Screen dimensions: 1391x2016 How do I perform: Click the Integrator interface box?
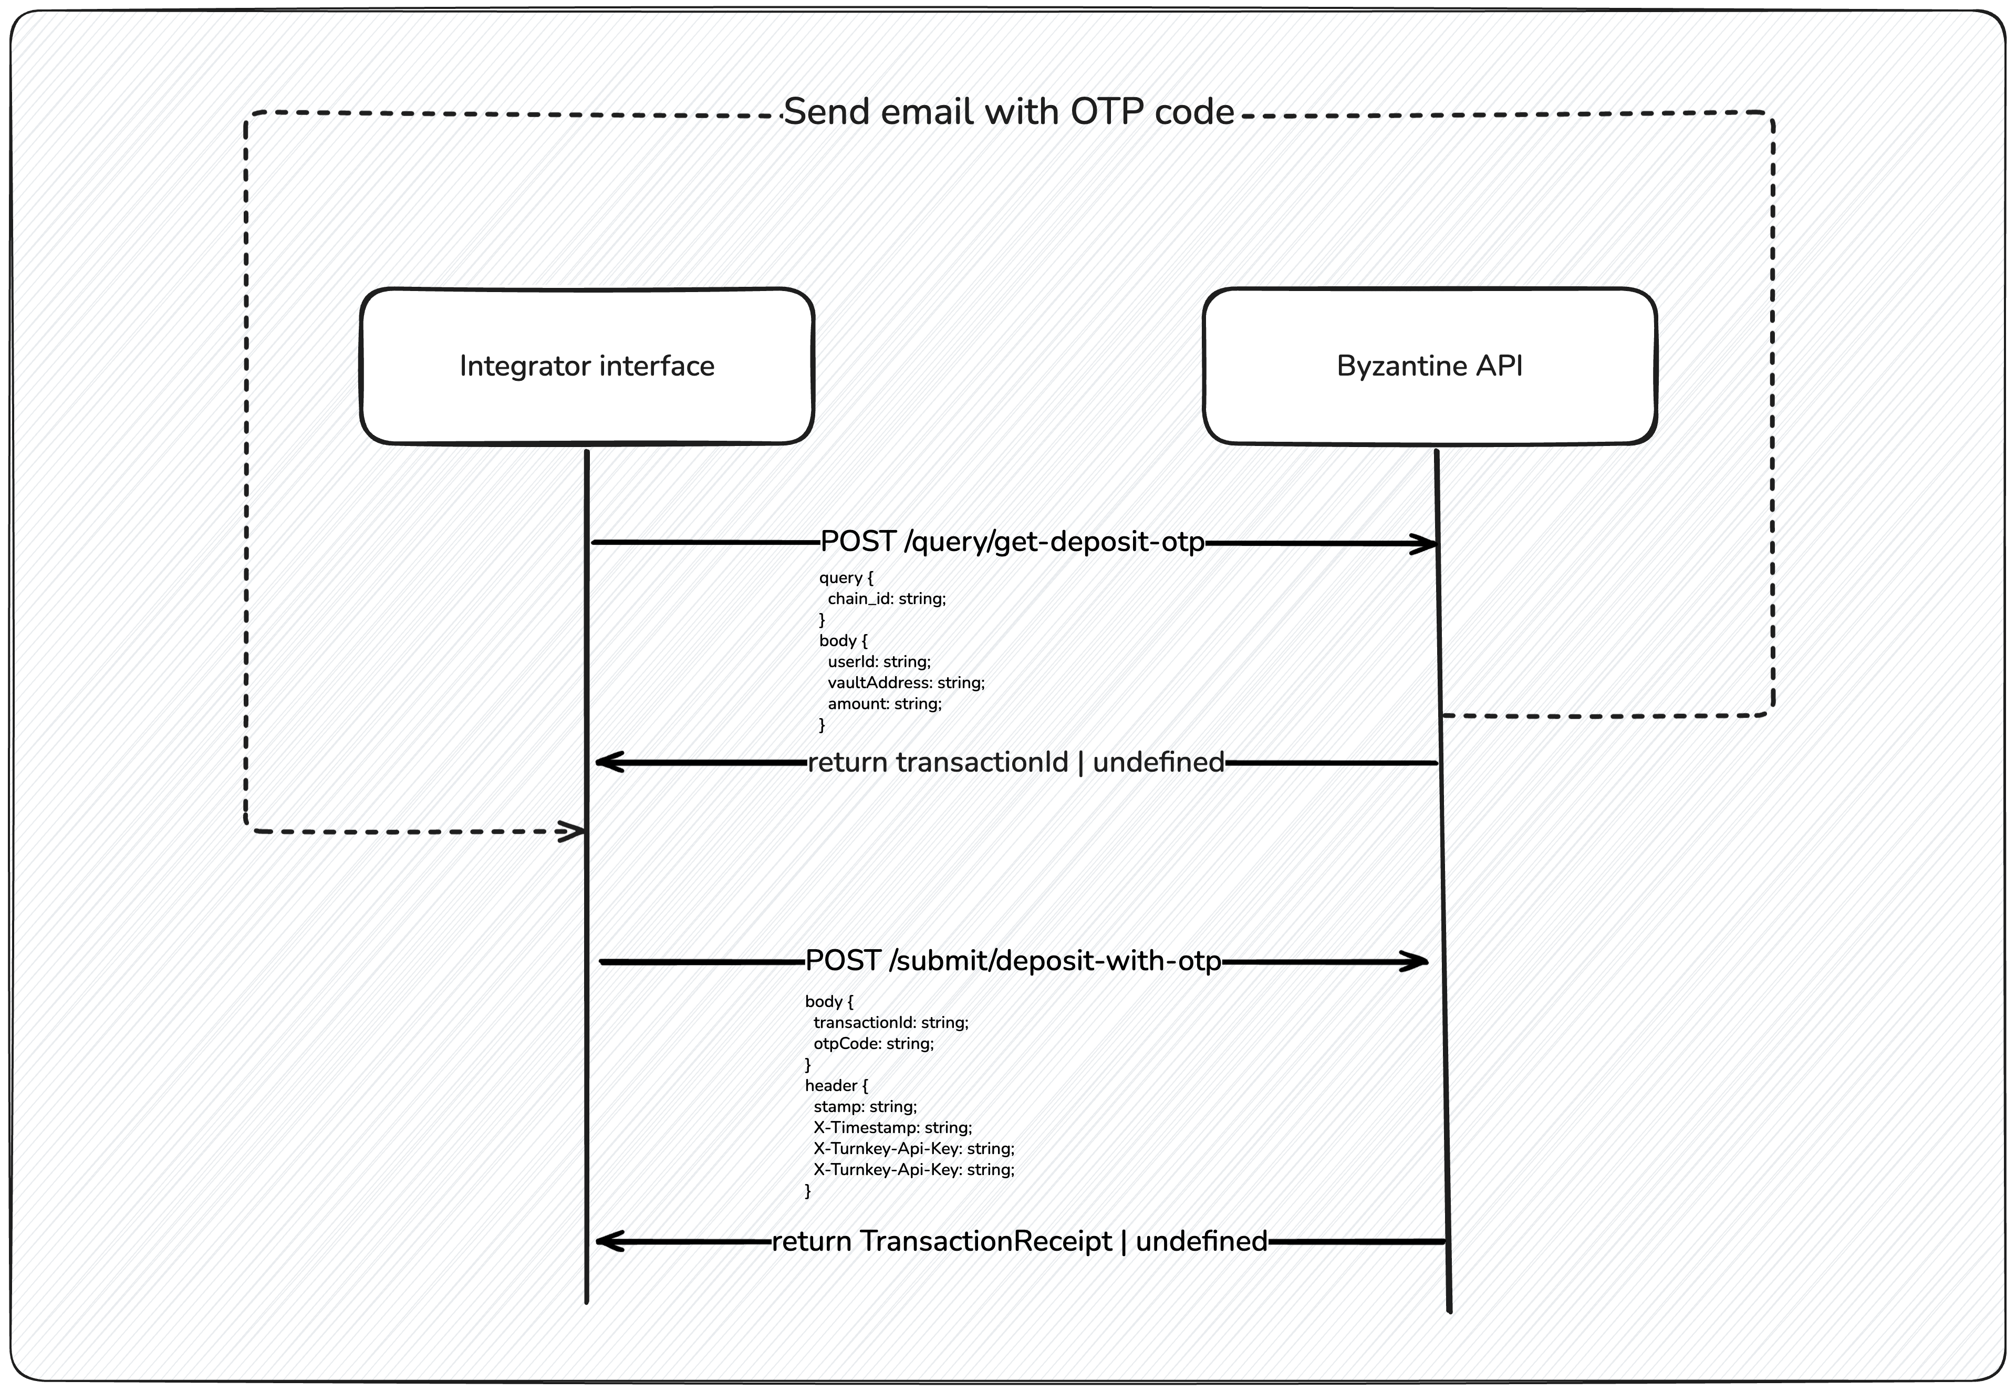click(x=587, y=366)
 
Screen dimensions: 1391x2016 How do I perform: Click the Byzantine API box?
click(x=1429, y=366)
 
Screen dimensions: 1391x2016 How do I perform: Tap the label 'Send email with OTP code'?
click(x=1009, y=112)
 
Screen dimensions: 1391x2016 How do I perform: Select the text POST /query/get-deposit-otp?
click(x=1012, y=542)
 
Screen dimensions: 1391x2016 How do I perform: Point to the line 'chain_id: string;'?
click(x=887, y=599)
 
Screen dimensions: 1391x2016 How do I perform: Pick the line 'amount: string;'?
click(x=885, y=703)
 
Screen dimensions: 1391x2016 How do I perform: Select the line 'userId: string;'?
click(x=879, y=661)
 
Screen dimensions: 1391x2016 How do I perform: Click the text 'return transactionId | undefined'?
click(x=1015, y=763)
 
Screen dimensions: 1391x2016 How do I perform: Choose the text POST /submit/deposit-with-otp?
click(x=1013, y=961)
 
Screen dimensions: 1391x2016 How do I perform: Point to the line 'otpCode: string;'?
click(x=874, y=1043)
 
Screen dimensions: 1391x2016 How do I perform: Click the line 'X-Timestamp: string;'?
click(x=892, y=1127)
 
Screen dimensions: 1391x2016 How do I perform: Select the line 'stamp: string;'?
click(x=865, y=1106)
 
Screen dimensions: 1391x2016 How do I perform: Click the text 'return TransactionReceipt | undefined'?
click(x=1019, y=1241)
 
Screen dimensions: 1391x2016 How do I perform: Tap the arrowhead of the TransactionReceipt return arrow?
click(x=602, y=1241)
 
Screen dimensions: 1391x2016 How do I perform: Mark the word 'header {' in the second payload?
click(x=836, y=1085)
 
